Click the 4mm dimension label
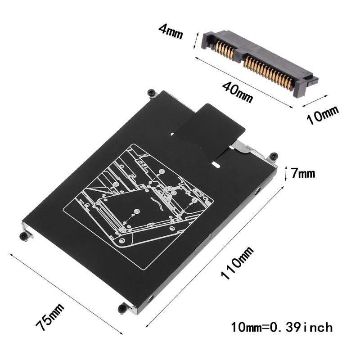(170, 32)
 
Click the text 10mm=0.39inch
(282, 326)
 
